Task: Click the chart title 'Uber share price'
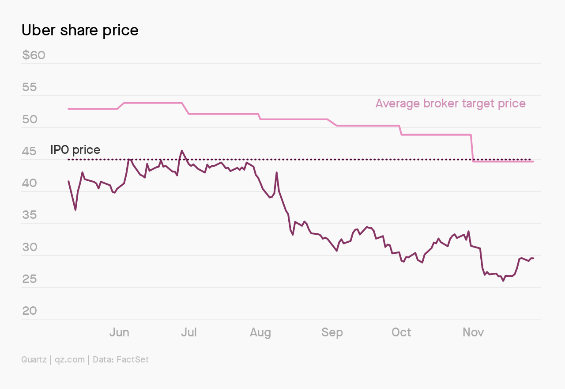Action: click(80, 31)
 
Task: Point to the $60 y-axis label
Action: click(34, 55)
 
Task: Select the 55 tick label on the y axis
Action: click(30, 87)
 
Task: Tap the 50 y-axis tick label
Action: click(30, 119)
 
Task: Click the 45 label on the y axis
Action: click(29, 151)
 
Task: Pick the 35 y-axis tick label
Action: click(30, 215)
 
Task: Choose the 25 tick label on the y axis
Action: click(30, 279)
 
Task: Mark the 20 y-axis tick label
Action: click(30, 311)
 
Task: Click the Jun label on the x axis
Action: click(119, 332)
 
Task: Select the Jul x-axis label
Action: click(188, 332)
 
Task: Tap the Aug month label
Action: click(260, 333)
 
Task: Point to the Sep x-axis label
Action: click(332, 333)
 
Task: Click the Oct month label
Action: click(401, 332)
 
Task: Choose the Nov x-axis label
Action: click(473, 332)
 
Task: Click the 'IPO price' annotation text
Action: click(75, 150)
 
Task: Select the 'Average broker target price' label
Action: click(451, 103)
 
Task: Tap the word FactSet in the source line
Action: click(133, 359)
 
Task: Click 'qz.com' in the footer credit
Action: click(70, 360)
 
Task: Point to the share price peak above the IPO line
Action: click(182, 151)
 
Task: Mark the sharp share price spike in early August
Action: click(276, 172)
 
